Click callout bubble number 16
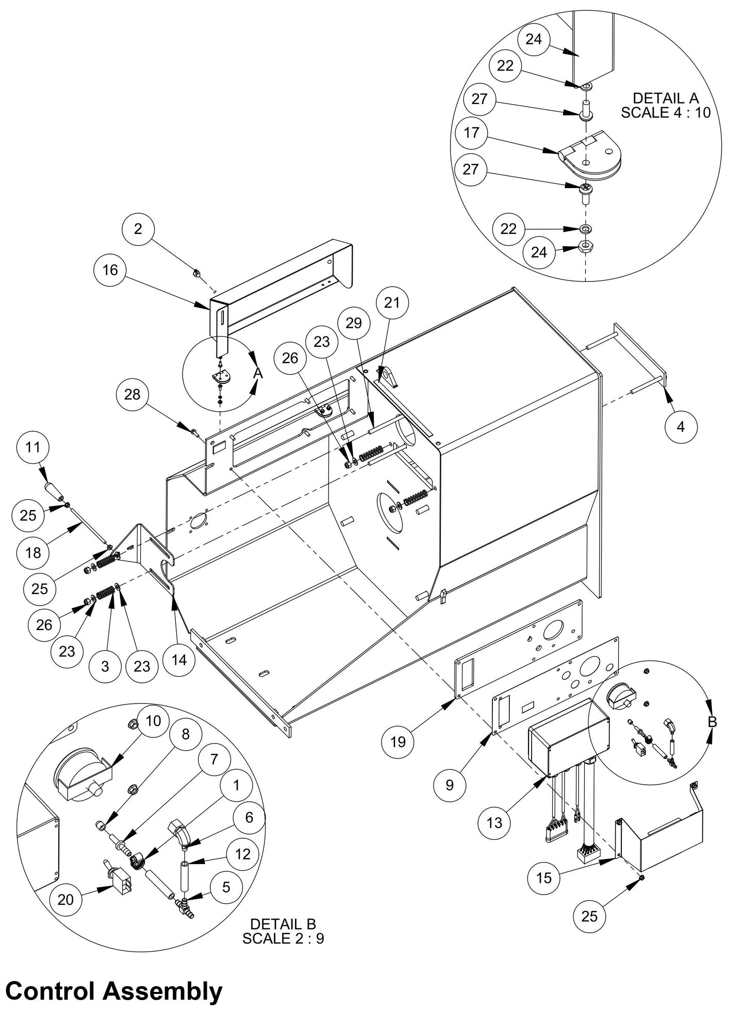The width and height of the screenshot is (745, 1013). (x=110, y=269)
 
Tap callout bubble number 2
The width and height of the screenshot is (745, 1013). (x=138, y=228)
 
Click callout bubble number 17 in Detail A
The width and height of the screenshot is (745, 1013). (x=471, y=133)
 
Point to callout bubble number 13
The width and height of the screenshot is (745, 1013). (x=494, y=822)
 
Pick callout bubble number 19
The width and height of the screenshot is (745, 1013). (x=398, y=741)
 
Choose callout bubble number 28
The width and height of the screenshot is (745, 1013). (x=133, y=394)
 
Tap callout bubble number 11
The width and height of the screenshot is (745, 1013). (x=32, y=447)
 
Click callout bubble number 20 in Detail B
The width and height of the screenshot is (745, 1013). (x=65, y=899)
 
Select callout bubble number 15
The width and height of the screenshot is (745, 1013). (x=544, y=877)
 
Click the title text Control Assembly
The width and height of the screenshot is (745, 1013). (x=114, y=991)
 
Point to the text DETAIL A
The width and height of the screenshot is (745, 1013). (x=665, y=98)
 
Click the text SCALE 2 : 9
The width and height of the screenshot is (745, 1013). (x=283, y=938)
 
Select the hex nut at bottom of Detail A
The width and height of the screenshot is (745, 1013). (x=586, y=245)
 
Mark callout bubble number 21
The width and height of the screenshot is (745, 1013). (x=392, y=302)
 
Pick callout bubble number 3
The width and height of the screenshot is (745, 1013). (x=105, y=666)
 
